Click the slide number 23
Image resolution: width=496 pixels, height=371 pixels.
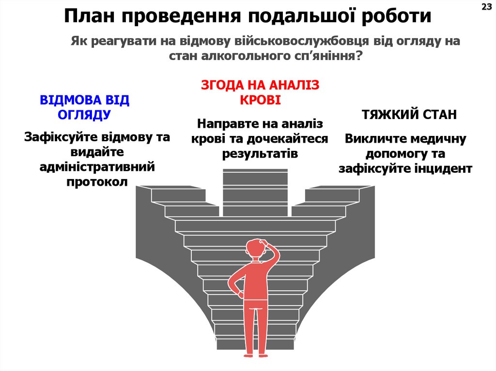[486, 6]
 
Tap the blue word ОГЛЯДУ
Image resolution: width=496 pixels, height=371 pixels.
[84, 115]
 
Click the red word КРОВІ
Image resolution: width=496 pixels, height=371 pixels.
[260, 100]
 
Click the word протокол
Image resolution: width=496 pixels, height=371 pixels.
[97, 182]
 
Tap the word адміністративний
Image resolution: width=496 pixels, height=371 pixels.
[97, 167]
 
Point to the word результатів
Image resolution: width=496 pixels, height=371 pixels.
[260, 153]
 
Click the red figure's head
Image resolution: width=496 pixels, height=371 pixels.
[256, 248]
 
